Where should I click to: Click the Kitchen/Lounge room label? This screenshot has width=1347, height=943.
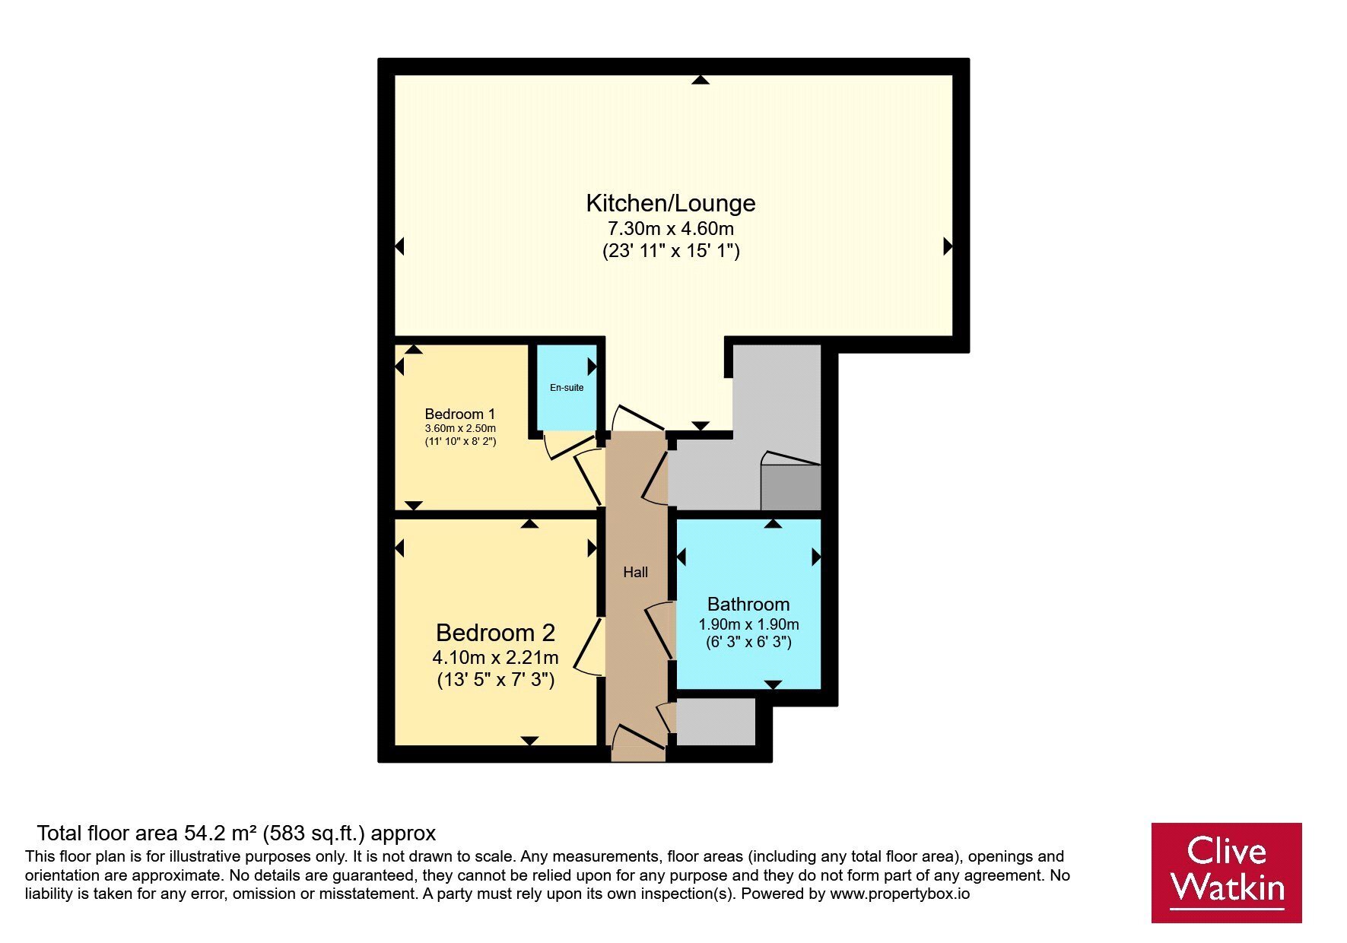670,203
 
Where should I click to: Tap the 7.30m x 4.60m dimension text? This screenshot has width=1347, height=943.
670,228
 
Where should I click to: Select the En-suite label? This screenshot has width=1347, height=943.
567,388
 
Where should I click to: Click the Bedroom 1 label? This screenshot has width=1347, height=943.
459,414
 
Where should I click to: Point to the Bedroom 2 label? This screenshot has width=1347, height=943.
495,633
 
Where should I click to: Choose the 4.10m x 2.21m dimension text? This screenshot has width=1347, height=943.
495,657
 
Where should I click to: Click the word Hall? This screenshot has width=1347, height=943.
635,573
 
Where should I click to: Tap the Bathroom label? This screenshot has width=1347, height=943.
748,605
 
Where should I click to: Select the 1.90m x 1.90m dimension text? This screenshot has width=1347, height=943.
748,625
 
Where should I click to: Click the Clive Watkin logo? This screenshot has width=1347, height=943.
1226,872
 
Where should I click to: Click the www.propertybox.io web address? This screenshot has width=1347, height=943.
900,894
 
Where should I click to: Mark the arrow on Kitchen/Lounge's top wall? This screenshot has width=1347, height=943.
701,79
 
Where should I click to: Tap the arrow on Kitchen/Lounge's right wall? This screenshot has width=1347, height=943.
948,246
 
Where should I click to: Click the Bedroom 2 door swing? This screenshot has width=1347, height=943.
588,646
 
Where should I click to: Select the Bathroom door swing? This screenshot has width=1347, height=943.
659,630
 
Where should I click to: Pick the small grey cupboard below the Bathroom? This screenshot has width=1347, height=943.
716,722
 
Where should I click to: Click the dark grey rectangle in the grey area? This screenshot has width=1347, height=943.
791,487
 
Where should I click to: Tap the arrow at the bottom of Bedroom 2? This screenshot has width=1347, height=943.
530,741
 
